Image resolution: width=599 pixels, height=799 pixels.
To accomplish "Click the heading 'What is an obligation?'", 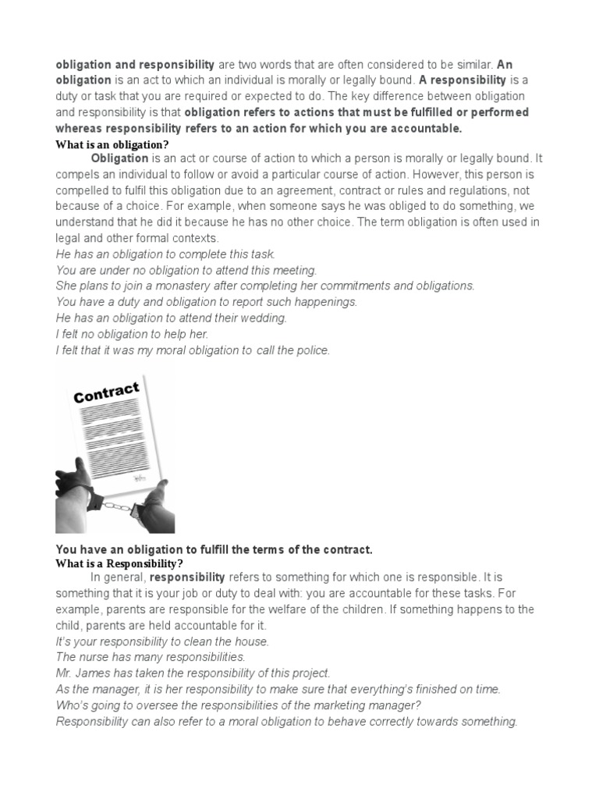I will point(112,144).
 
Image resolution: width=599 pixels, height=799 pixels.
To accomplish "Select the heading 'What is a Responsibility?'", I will point(119,563).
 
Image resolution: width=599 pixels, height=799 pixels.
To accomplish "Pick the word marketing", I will point(323,705).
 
